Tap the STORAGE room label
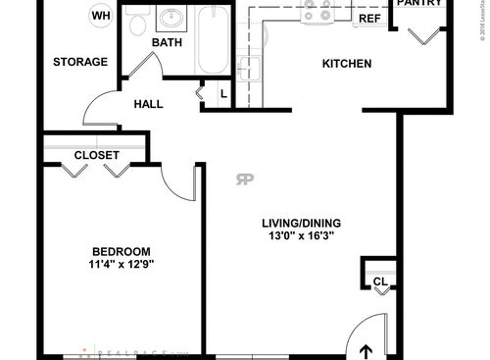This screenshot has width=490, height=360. pos(80,62)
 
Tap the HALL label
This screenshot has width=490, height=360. pos(149,104)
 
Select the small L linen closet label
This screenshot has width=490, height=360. pos(223,94)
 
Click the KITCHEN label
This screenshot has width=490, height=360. pos(347,65)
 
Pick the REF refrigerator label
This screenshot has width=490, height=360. pos(368,19)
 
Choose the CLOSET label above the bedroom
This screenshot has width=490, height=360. pos(97,155)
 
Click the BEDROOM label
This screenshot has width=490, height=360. pos(122,250)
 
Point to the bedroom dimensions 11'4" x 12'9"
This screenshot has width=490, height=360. pos(122,264)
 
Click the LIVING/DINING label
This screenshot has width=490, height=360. pos(301,222)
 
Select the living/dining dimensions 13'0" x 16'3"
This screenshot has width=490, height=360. pos(301,236)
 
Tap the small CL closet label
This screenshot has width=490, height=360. pos(379,283)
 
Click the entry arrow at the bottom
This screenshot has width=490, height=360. pos(368,350)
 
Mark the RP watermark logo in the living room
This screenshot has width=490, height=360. pos(244,178)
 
